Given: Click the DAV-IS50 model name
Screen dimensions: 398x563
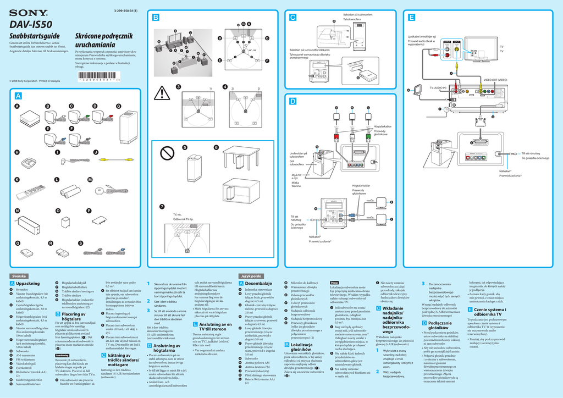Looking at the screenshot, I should (31, 25).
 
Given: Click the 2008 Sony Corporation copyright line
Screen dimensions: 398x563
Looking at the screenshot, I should (35, 81).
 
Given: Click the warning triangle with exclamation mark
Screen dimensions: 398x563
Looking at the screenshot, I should (163, 94).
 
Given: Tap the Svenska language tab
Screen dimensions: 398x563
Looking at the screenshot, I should (20, 275).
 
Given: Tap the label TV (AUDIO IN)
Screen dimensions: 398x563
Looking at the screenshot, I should (434, 88).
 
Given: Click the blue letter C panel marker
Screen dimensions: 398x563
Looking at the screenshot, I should (292, 18).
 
